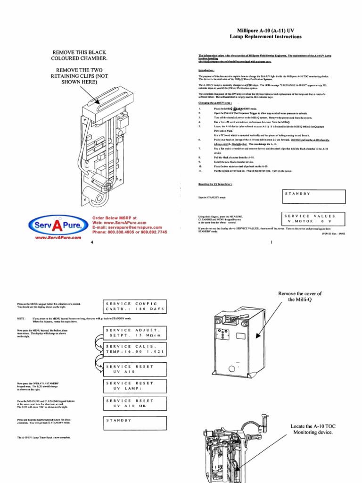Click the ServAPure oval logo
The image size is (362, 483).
[x=58, y=225]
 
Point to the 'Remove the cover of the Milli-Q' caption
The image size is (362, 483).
[x=300, y=297]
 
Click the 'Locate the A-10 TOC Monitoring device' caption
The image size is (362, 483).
[x=313, y=429]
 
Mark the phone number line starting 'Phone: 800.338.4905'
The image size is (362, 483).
[x=129, y=233]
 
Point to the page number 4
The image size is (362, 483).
[x=91, y=242]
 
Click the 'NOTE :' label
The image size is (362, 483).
[x=21, y=318]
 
